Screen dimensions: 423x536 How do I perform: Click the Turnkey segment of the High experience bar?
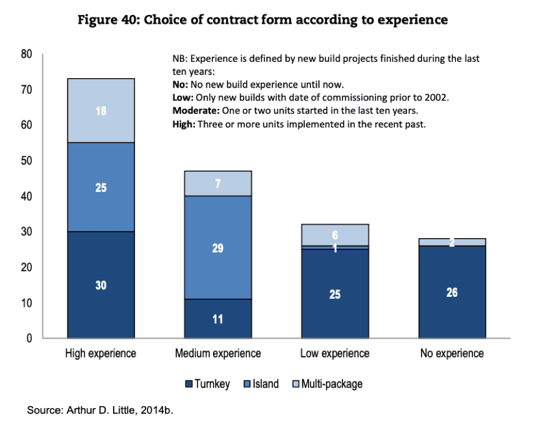tap(101, 285)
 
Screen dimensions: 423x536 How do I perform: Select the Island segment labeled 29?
tap(217, 248)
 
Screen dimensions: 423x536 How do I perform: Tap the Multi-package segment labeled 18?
tap(101, 110)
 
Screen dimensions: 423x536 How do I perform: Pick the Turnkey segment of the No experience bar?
tap(452, 292)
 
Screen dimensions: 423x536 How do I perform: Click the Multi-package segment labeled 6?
tap(335, 234)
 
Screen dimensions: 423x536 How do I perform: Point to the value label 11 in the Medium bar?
tap(217, 319)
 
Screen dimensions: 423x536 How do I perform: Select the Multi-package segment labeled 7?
tap(217, 184)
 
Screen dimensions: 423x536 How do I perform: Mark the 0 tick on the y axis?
tap(29, 339)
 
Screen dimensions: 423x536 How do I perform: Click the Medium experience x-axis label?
tap(217, 354)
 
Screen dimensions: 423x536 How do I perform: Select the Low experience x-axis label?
tap(335, 354)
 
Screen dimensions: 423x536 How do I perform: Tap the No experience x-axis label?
tap(452, 354)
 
